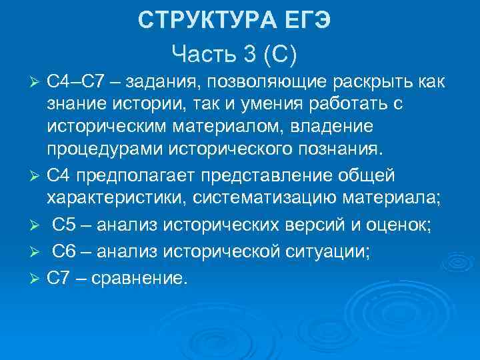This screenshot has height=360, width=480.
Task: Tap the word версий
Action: coord(302,224)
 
